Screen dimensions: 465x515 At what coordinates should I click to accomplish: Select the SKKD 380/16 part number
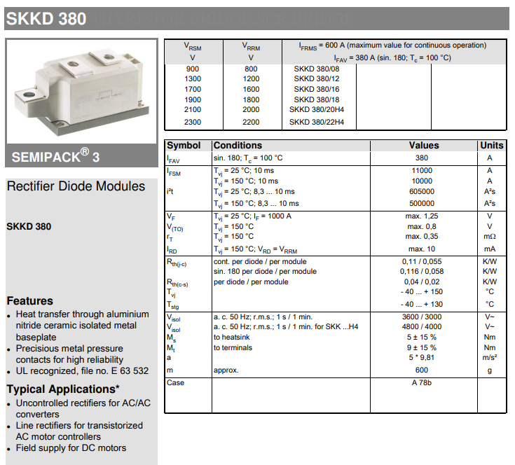(317, 90)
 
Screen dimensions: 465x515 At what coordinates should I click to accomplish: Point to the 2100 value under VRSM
(193, 110)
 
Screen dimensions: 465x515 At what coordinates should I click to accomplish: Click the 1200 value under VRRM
(251, 79)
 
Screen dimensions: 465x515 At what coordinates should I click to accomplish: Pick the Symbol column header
(184, 146)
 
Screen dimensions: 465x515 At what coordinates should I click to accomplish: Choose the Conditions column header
(238, 146)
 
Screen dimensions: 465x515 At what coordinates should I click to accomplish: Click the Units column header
(491, 146)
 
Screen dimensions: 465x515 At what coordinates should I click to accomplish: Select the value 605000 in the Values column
(421, 192)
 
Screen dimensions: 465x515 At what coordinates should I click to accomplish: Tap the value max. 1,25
(422, 216)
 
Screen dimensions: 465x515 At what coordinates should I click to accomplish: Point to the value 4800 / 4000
(421, 326)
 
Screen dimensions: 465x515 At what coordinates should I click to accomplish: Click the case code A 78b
(422, 382)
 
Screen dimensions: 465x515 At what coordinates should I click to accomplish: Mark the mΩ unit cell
(489, 237)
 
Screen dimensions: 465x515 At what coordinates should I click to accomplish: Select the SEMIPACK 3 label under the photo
(56, 155)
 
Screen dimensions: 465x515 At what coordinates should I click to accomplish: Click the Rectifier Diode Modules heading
(76, 186)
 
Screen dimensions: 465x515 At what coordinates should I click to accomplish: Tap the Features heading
(30, 300)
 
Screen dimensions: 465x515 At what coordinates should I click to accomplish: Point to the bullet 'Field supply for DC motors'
(71, 447)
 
